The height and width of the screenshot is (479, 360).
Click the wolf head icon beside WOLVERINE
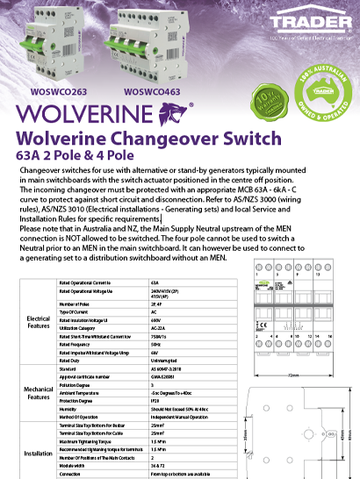166,115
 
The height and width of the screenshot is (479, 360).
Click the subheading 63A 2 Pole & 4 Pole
83,155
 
